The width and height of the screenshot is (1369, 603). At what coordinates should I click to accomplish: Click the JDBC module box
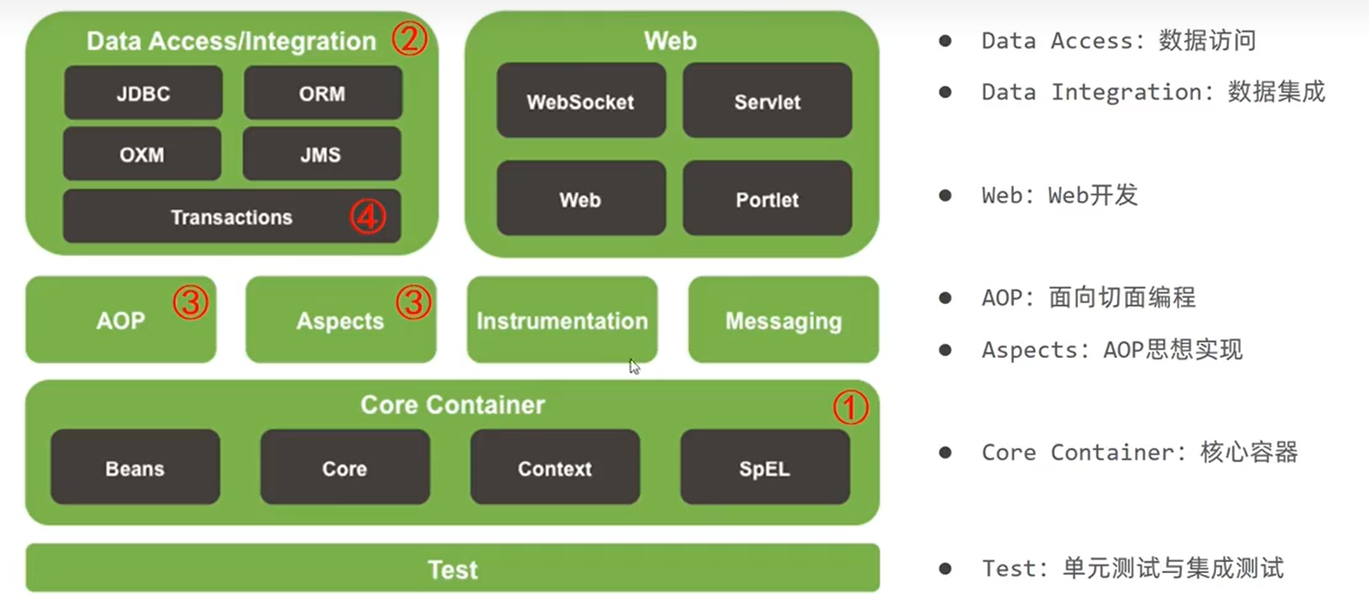[143, 93]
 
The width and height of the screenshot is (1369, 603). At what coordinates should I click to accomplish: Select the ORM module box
[322, 93]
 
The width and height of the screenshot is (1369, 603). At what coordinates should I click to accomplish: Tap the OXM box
[142, 155]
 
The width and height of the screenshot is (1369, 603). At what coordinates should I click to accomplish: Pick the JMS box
[321, 155]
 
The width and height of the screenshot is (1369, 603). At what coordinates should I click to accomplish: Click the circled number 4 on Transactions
[367, 216]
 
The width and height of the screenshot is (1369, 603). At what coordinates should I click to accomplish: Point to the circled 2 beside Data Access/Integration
[409, 38]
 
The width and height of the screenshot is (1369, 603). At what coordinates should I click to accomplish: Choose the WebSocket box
[581, 101]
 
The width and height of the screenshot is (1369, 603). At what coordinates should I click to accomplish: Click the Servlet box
[767, 101]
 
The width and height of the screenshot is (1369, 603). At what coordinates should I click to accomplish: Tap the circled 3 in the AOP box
[190, 301]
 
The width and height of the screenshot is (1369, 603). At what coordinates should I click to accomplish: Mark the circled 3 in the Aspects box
[413, 301]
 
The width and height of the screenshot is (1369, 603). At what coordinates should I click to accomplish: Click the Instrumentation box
[562, 320]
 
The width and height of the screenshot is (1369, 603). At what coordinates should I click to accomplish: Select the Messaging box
[783, 320]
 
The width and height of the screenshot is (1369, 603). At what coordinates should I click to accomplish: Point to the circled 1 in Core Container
[851, 407]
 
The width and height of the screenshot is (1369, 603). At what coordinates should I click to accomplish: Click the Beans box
[135, 467]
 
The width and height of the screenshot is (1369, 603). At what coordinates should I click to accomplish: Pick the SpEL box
[764, 467]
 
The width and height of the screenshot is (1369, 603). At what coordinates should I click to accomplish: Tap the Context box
[554, 467]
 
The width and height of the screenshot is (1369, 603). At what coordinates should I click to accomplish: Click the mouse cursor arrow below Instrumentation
[634, 366]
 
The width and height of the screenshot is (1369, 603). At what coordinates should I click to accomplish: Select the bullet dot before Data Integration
[945, 92]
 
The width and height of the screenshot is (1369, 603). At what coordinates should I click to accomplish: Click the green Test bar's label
[453, 569]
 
